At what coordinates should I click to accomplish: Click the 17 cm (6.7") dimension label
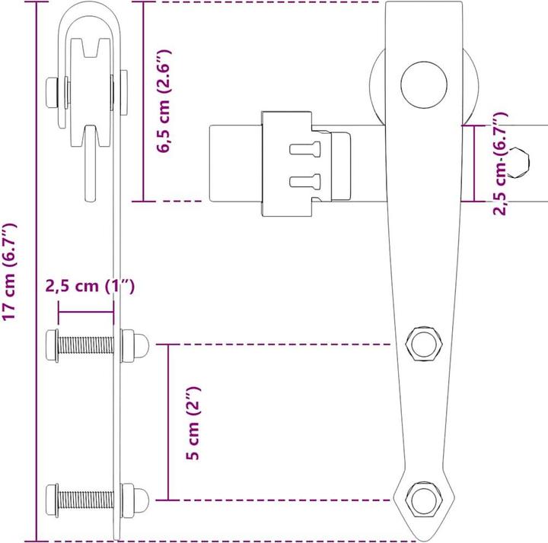(9, 271)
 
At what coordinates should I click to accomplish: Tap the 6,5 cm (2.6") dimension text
(164, 101)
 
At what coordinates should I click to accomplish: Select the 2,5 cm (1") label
(90, 287)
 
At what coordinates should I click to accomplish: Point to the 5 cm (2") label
(193, 423)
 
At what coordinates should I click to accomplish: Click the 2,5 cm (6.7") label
(500, 164)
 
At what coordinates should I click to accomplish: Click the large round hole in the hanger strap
(424, 85)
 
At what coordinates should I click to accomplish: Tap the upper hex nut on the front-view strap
(424, 345)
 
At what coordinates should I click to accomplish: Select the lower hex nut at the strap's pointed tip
(424, 500)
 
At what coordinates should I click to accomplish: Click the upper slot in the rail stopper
(305, 149)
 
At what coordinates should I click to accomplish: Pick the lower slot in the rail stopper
(305, 182)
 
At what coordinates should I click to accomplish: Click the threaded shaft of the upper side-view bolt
(85, 345)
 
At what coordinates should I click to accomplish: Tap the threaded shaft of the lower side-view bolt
(85, 500)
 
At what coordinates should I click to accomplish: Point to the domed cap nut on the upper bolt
(141, 345)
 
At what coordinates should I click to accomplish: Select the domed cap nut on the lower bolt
(141, 500)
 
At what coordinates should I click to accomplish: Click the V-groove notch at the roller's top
(91, 48)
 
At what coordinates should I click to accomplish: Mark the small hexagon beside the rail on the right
(519, 163)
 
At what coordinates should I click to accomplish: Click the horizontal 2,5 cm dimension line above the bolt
(86, 312)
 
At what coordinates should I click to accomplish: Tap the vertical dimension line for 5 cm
(168, 422)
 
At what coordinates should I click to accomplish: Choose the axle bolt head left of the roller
(52, 93)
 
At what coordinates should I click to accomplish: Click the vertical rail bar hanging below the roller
(91, 164)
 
